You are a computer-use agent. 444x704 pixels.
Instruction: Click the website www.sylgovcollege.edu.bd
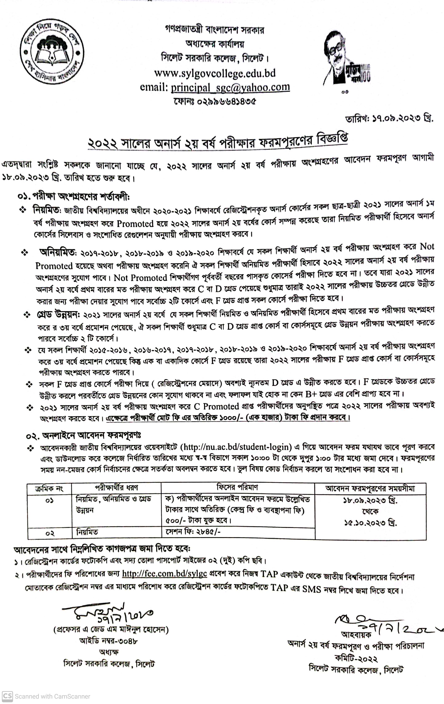(215, 73)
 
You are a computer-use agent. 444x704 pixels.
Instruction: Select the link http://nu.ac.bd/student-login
(236, 447)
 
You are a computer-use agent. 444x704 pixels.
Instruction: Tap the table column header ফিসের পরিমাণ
(237, 487)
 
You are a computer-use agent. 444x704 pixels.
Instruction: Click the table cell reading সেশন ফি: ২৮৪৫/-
(193, 532)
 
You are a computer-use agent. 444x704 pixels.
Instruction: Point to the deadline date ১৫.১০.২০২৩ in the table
(370, 523)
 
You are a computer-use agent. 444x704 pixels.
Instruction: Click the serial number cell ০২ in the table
(50, 533)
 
